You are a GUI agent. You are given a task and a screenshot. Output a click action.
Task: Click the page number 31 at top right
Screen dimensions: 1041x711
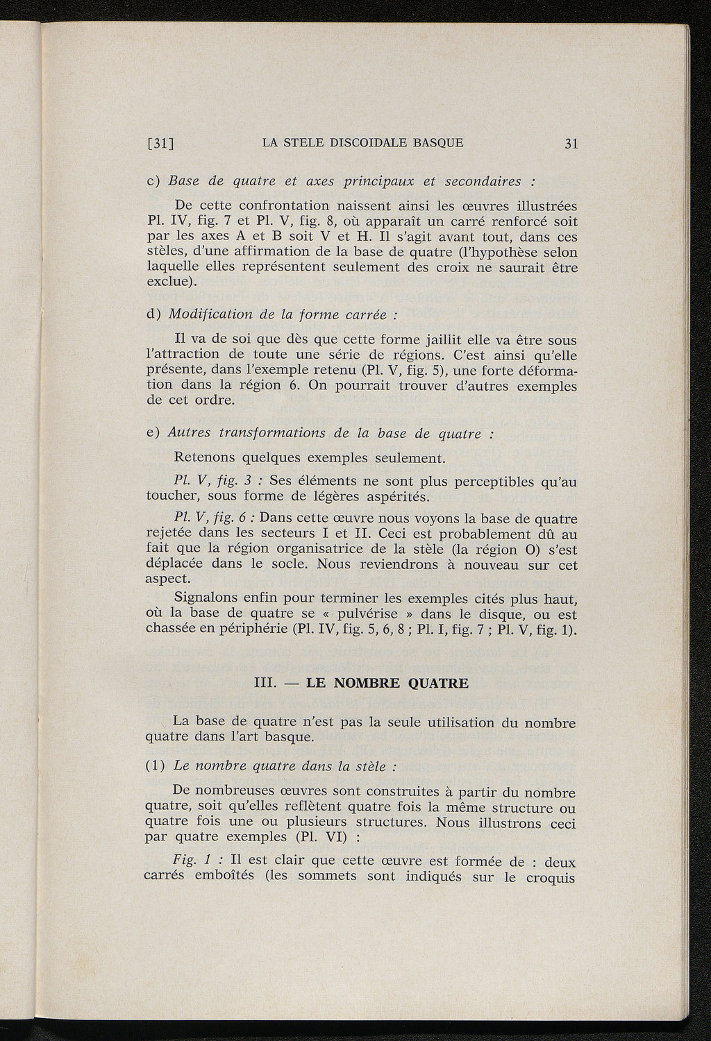(571, 144)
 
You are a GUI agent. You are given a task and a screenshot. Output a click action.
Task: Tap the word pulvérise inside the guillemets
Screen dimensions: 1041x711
(367, 615)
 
